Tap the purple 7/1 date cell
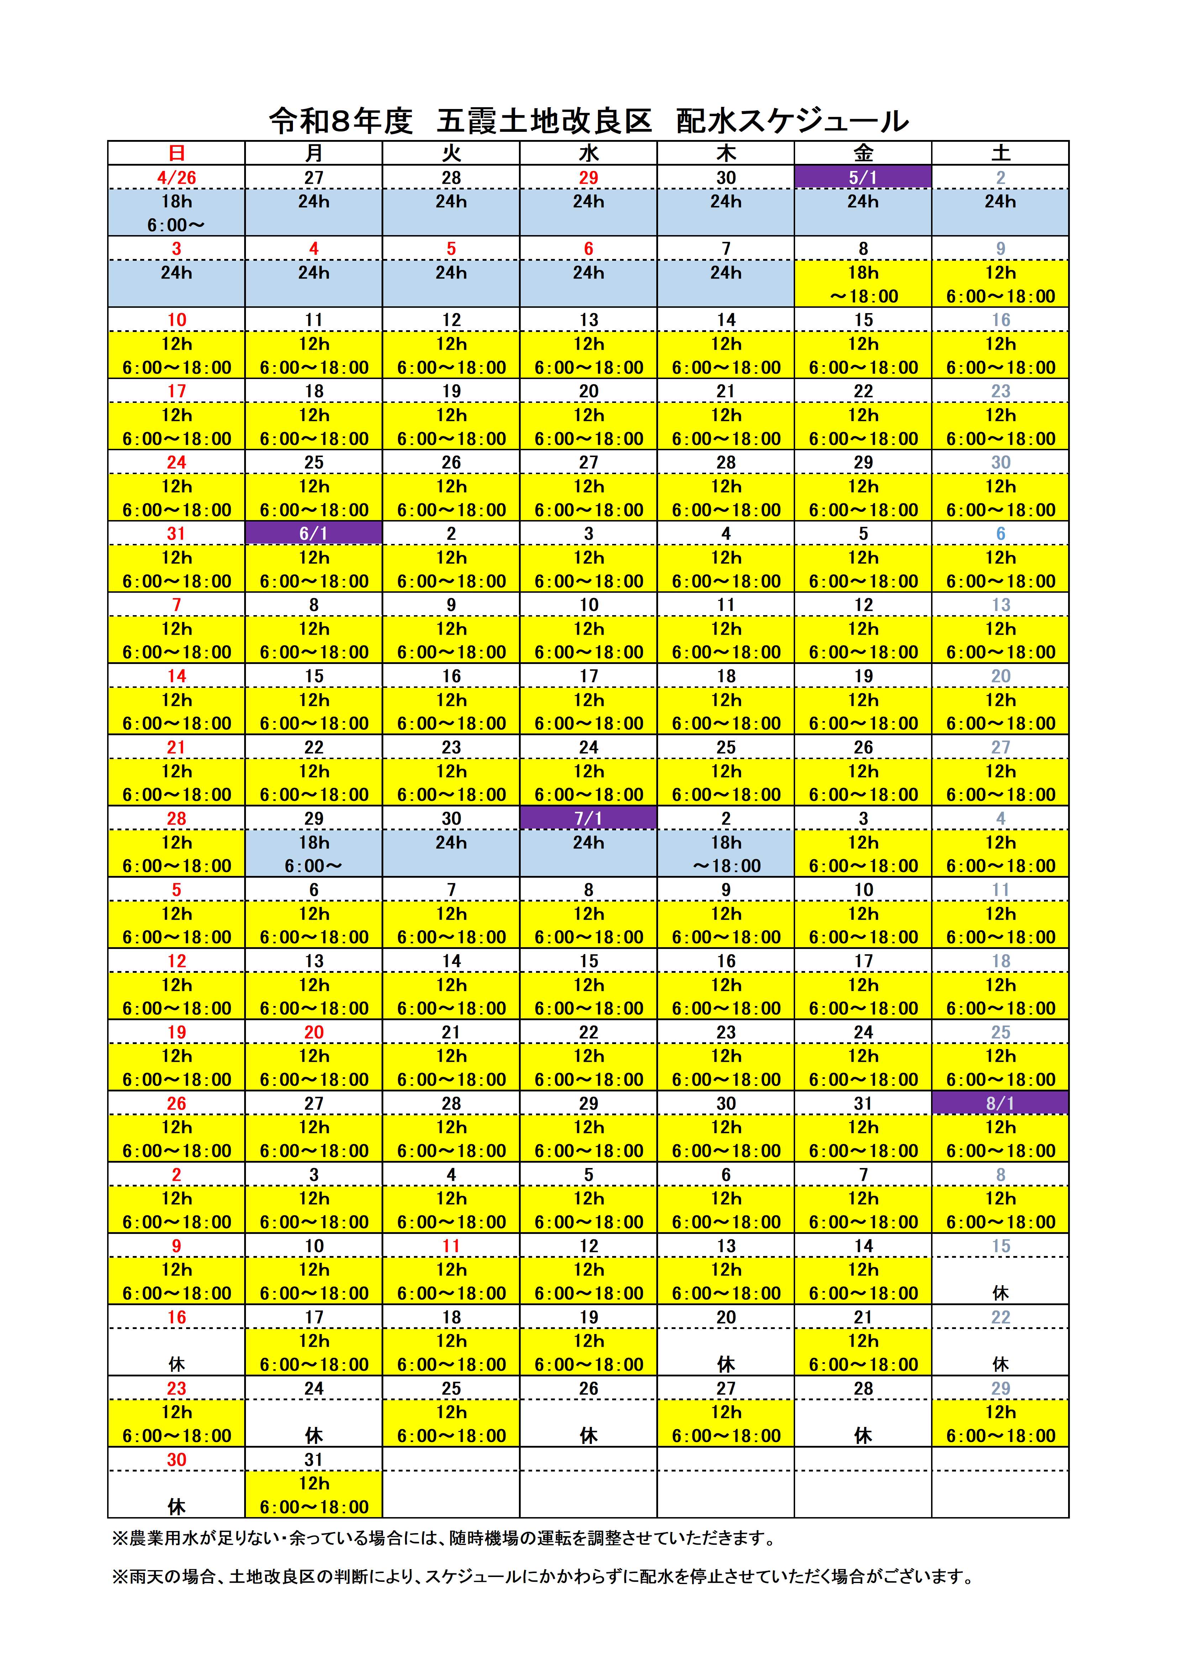click(588, 819)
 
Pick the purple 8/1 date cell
click(1000, 1104)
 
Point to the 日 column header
click(176, 153)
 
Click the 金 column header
click(863, 153)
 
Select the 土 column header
click(1000, 153)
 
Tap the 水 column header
click(588, 153)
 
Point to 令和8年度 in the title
click(341, 121)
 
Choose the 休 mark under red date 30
click(176, 1507)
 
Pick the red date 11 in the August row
click(451, 1246)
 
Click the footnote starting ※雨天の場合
click(542, 1576)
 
